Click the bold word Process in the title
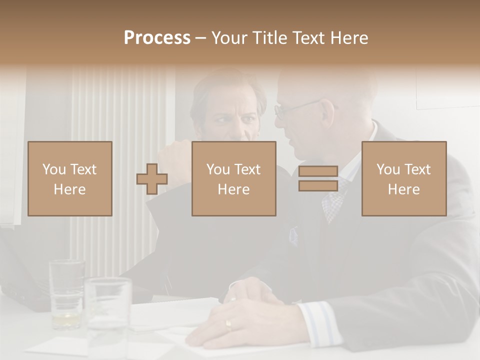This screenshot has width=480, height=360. [x=157, y=37]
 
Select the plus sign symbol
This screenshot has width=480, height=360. [x=152, y=179]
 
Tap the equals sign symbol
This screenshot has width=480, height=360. [x=318, y=178]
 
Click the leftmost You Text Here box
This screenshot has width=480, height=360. [x=70, y=178]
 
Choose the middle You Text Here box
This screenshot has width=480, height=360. [x=234, y=178]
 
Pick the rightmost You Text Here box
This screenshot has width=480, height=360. [x=404, y=178]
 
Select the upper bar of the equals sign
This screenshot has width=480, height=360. [x=318, y=171]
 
